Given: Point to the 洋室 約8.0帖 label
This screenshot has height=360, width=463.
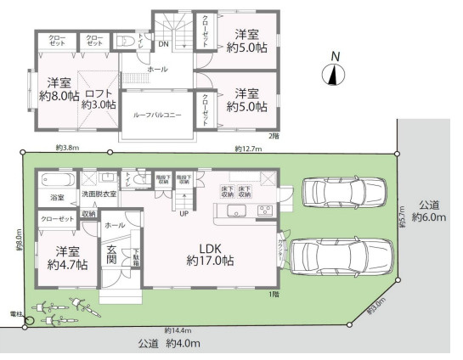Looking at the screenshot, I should (x=58, y=89).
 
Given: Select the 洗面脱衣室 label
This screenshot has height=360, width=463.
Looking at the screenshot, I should (x=99, y=195).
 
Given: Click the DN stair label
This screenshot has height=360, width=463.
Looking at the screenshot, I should (x=165, y=43).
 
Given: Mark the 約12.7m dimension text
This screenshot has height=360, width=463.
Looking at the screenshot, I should (x=248, y=149).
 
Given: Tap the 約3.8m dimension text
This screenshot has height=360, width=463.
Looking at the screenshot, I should (x=67, y=148).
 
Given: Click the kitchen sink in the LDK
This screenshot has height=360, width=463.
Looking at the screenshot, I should (x=235, y=211).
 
